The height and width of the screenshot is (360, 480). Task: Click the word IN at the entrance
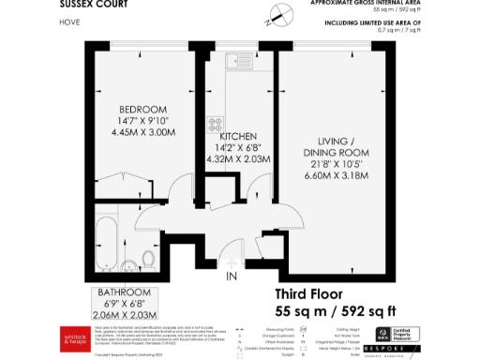click(x=231, y=277)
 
